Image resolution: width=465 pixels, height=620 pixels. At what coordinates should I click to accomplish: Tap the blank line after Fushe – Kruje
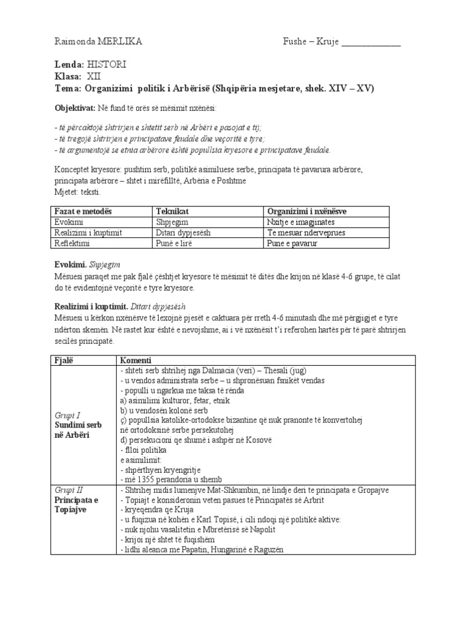point(371,42)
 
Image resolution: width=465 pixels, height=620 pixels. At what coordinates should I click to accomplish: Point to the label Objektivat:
point(75,108)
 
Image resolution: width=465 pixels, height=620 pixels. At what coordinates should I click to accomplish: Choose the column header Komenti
point(136,361)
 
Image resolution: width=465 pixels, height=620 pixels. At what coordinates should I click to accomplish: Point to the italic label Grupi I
point(67,415)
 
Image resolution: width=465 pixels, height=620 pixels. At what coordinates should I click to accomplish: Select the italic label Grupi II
point(68,490)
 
